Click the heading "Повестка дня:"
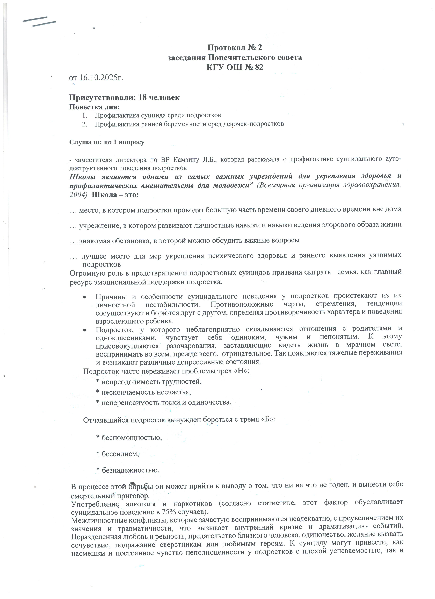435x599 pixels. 95,107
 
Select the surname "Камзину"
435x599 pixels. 184,160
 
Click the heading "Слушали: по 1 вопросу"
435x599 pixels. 107,142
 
